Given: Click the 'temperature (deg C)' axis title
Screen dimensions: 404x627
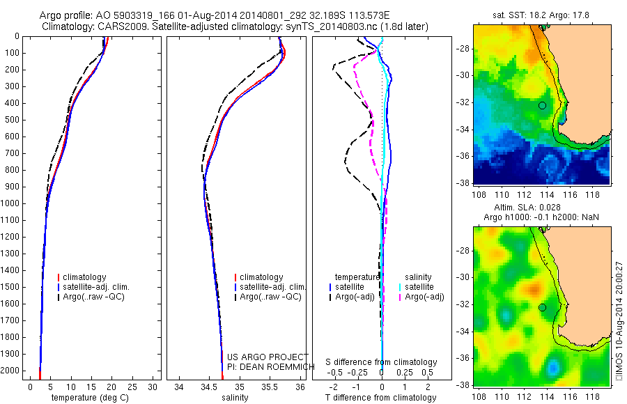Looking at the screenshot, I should click(x=89, y=398).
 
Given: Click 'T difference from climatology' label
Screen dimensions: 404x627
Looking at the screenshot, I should click(x=381, y=398).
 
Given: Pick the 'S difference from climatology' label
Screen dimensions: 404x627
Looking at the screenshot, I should click(x=381, y=363).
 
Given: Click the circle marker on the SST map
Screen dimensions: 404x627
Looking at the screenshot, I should click(x=542, y=105).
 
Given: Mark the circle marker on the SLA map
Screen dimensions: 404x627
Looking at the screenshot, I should click(x=542, y=307).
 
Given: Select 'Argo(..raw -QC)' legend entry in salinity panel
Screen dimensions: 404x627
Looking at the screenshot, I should click(x=270, y=297).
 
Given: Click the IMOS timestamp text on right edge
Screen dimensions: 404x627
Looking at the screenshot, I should click(x=619, y=320).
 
